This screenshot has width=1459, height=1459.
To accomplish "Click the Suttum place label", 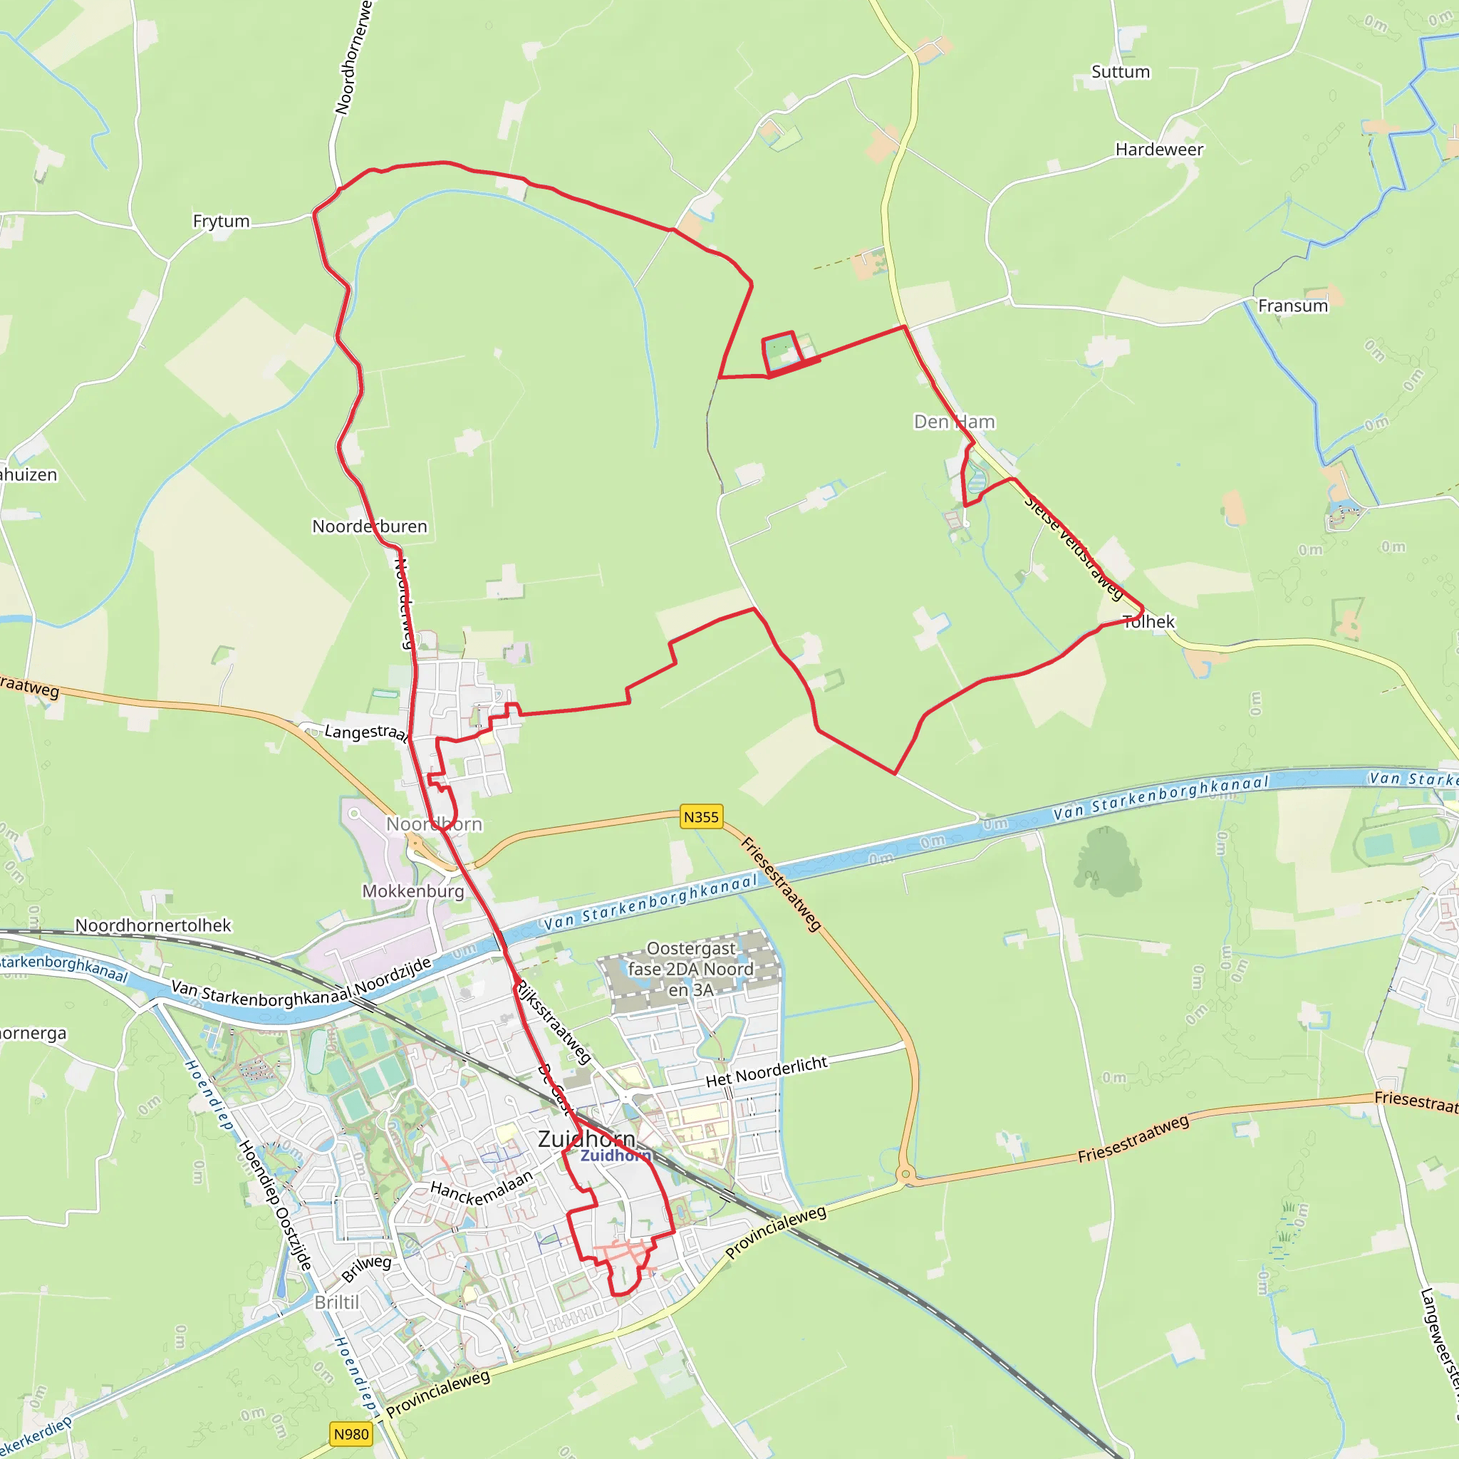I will [x=1120, y=72].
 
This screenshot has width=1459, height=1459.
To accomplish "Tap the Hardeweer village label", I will [x=1159, y=150].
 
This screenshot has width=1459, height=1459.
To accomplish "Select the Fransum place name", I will [x=1292, y=306].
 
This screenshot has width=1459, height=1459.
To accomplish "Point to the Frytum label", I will [x=221, y=222].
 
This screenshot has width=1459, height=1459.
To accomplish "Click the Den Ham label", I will [x=954, y=422].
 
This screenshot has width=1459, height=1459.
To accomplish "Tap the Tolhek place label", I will [x=1148, y=621].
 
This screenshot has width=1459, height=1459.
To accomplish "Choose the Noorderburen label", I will [x=369, y=526].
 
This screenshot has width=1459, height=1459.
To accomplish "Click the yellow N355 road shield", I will [x=701, y=817].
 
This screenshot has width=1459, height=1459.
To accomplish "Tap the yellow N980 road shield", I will [x=351, y=1434].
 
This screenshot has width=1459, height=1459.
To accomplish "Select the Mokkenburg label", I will [x=413, y=891].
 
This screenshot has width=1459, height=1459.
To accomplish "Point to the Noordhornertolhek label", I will [x=153, y=926].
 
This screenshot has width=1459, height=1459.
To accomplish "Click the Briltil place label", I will [x=337, y=1303].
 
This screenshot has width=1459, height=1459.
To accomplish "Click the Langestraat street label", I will [x=366, y=732].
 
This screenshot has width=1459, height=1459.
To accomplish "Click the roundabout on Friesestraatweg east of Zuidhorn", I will [x=905, y=1174].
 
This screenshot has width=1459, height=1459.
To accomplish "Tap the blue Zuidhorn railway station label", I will [x=616, y=1156].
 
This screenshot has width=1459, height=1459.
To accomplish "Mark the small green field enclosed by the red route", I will [x=781, y=350].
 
